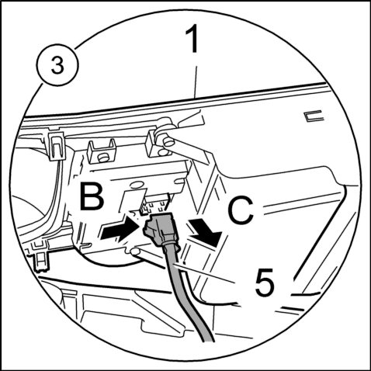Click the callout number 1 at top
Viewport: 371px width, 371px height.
point(192,39)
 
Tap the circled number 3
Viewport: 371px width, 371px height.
point(57,65)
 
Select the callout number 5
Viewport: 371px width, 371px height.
point(264,282)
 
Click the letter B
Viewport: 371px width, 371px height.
point(92,196)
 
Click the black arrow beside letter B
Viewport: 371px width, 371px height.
point(120,228)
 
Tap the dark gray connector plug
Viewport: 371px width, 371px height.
point(160,229)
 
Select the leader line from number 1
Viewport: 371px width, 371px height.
point(196,81)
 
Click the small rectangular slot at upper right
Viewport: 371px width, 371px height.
point(314,116)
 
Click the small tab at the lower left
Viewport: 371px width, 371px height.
point(40,262)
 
